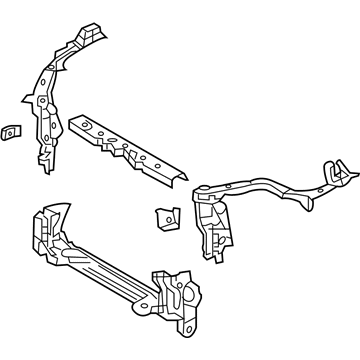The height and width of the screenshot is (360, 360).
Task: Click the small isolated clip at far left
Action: pyautogui.click(x=11, y=132)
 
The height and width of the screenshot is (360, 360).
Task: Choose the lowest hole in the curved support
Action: pyautogui.click(x=46, y=140)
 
